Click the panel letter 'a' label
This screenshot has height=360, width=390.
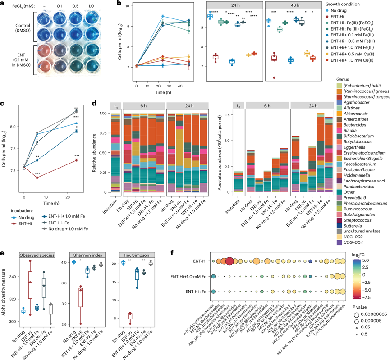pyautogui.click(x=3, y=4)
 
